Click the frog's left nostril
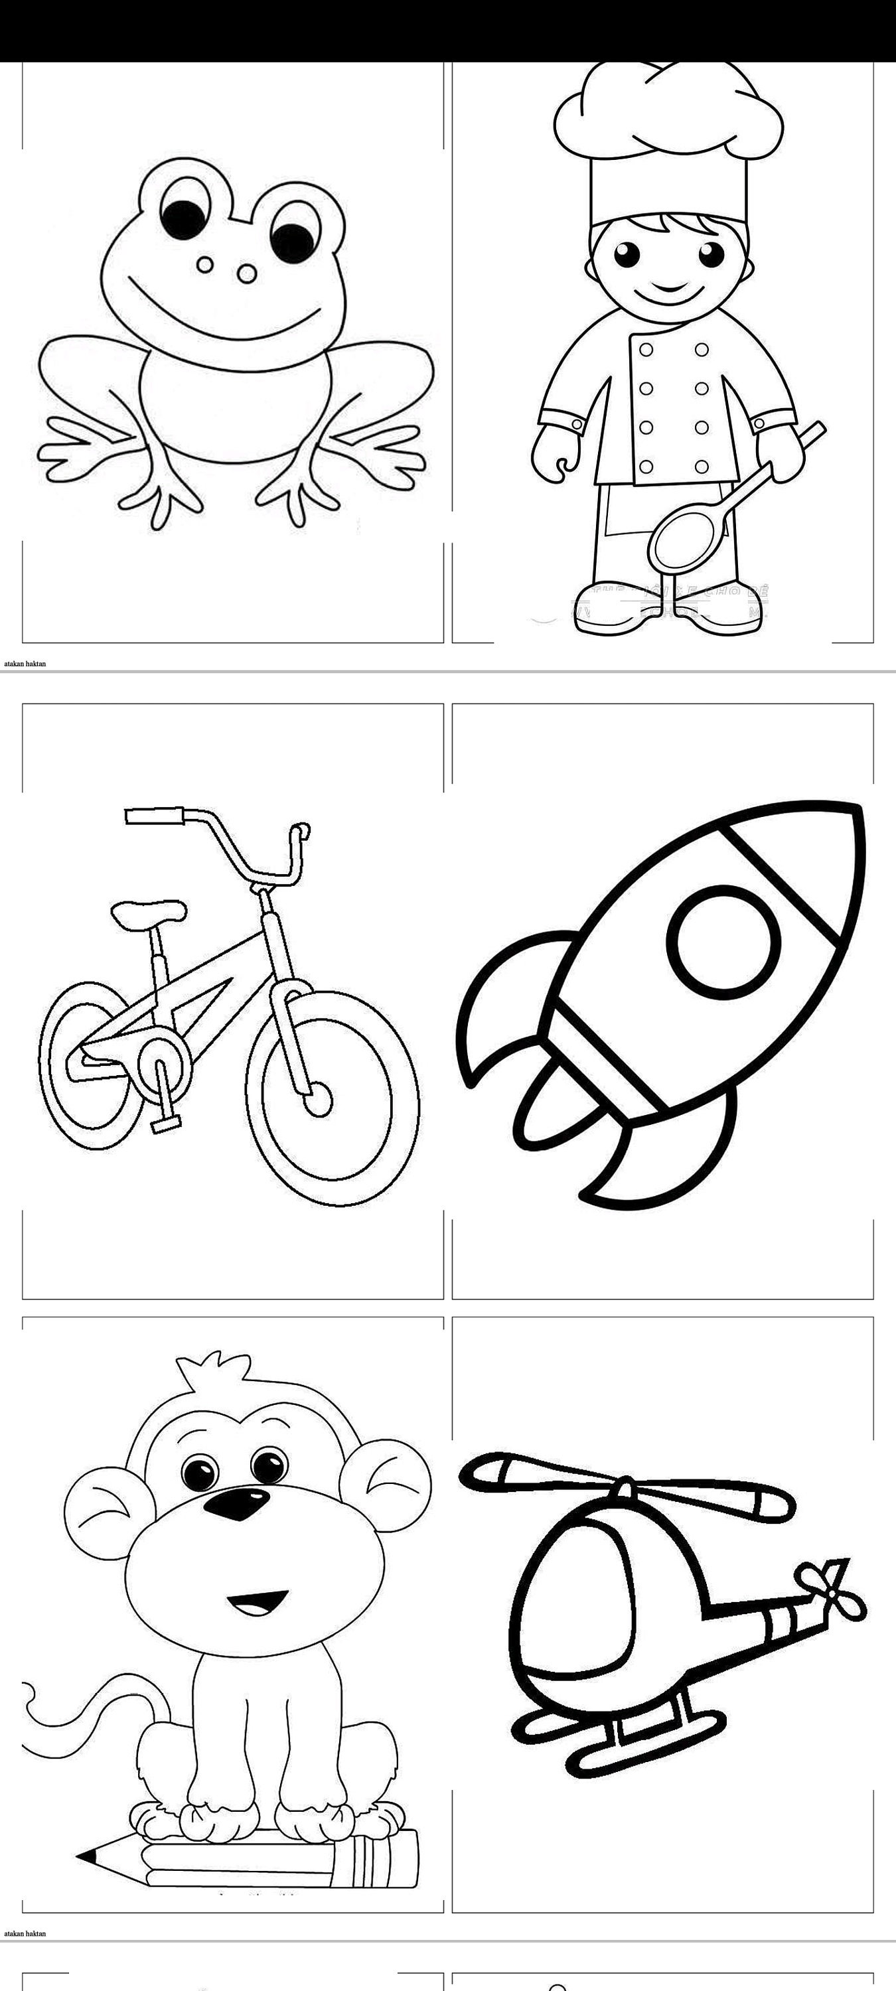[x=205, y=265]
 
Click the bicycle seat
[x=149, y=912]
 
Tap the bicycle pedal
[x=165, y=1124]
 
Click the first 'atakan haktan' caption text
[x=25, y=663]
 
